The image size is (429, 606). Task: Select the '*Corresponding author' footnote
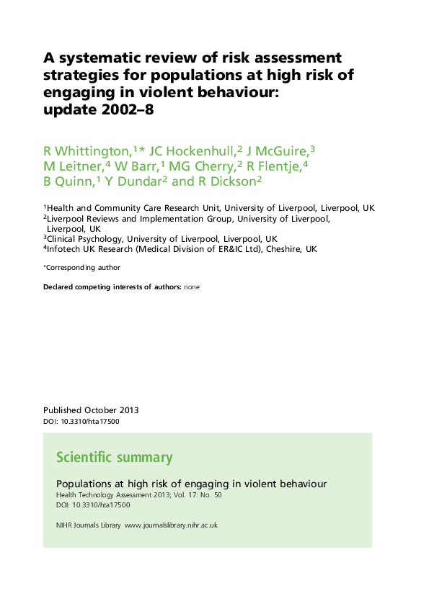[x=81, y=268]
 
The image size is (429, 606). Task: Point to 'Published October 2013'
[x=91, y=410]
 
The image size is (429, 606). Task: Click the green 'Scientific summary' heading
[x=114, y=458]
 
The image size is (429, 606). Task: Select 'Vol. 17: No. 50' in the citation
[x=198, y=495]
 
